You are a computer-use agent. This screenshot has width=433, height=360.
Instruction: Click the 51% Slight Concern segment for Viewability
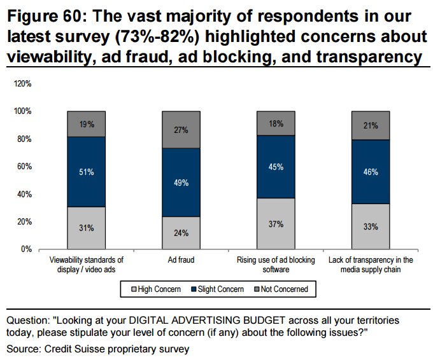pyautogui.click(x=86, y=172)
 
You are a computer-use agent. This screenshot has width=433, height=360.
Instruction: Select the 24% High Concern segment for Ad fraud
pyautogui.click(x=181, y=233)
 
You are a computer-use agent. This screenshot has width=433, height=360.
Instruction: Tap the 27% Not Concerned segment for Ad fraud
pyautogui.click(x=181, y=130)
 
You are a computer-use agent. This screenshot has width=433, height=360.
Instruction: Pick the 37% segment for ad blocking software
pyautogui.click(x=276, y=224)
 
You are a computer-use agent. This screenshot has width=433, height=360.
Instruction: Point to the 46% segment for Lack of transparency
pyautogui.click(x=371, y=172)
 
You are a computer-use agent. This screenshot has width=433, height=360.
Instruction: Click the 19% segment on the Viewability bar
pyautogui.click(x=86, y=125)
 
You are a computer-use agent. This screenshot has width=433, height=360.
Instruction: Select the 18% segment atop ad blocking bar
pyautogui.click(x=276, y=123)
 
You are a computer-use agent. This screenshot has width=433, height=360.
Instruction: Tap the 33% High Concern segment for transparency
pyautogui.click(x=371, y=226)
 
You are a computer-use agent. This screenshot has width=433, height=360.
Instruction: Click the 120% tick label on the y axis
pyautogui.click(x=24, y=84)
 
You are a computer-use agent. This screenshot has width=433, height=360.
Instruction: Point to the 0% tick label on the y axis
pyautogui.click(x=27, y=249)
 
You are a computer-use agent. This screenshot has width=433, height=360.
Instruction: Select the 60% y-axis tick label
pyautogui.click(x=25, y=167)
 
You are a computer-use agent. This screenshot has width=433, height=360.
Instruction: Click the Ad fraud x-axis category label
pyautogui.click(x=181, y=260)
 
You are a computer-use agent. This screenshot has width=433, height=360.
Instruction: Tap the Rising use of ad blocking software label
pyautogui.click(x=276, y=265)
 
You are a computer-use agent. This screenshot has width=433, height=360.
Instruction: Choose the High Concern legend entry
pyautogui.click(x=153, y=289)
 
